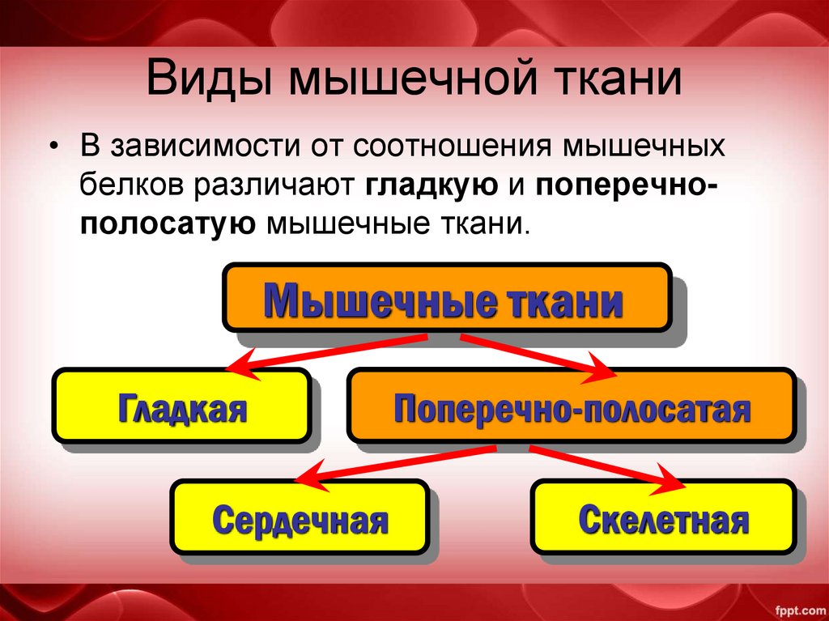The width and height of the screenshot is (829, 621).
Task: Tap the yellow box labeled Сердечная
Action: click(299, 517)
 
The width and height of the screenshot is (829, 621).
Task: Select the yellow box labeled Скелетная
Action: click(663, 517)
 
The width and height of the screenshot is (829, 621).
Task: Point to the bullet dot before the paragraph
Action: click(53, 149)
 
